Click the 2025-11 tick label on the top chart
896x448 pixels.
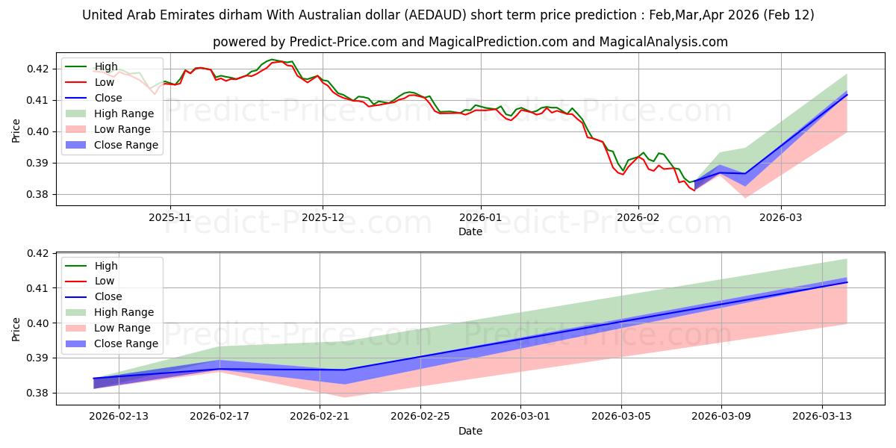(x=170, y=217)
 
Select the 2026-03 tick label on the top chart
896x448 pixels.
(x=781, y=217)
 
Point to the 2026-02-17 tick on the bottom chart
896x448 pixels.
(x=220, y=416)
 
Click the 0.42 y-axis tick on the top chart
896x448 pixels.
(x=43, y=69)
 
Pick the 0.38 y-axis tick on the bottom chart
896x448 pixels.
(x=43, y=393)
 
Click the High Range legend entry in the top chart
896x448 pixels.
(x=124, y=113)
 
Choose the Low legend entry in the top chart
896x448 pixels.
(x=105, y=82)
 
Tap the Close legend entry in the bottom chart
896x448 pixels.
(x=108, y=296)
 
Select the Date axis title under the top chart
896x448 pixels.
(x=470, y=231)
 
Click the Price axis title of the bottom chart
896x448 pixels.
(x=16, y=329)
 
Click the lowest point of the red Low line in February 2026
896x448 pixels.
(x=694, y=190)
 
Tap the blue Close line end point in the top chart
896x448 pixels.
(x=847, y=95)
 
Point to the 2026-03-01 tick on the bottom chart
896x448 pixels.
(x=521, y=416)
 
